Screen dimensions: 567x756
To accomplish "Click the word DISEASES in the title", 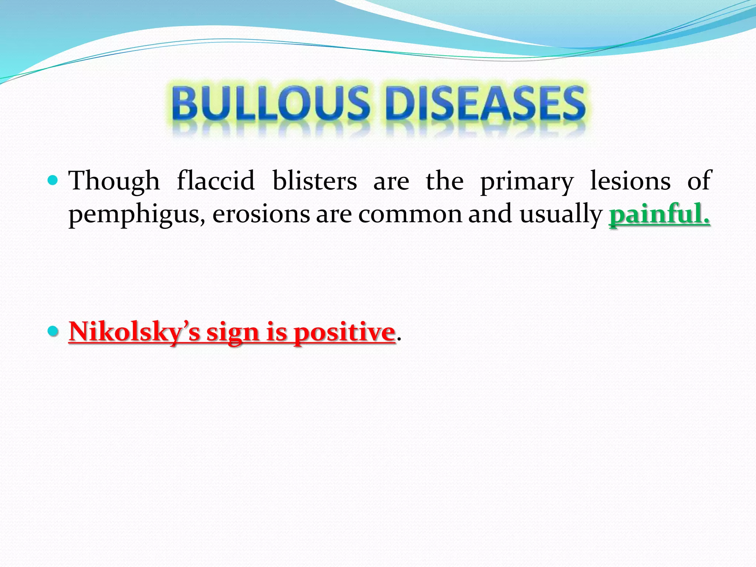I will click(x=487, y=103).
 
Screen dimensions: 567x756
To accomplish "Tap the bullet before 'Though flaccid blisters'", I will click(x=53, y=181).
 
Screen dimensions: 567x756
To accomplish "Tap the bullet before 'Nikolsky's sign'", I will click(x=53, y=331).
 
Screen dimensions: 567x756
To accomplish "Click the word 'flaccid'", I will click(x=216, y=181).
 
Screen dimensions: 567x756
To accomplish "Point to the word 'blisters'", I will click(x=315, y=181).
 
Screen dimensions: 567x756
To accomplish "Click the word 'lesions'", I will click(x=630, y=181).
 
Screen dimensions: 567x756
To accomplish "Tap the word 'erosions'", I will click(x=261, y=214).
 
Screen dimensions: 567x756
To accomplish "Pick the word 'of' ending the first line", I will click(x=699, y=181).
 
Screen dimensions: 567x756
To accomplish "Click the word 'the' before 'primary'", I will click(x=444, y=181).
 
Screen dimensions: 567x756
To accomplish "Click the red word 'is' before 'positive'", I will click(x=276, y=331).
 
